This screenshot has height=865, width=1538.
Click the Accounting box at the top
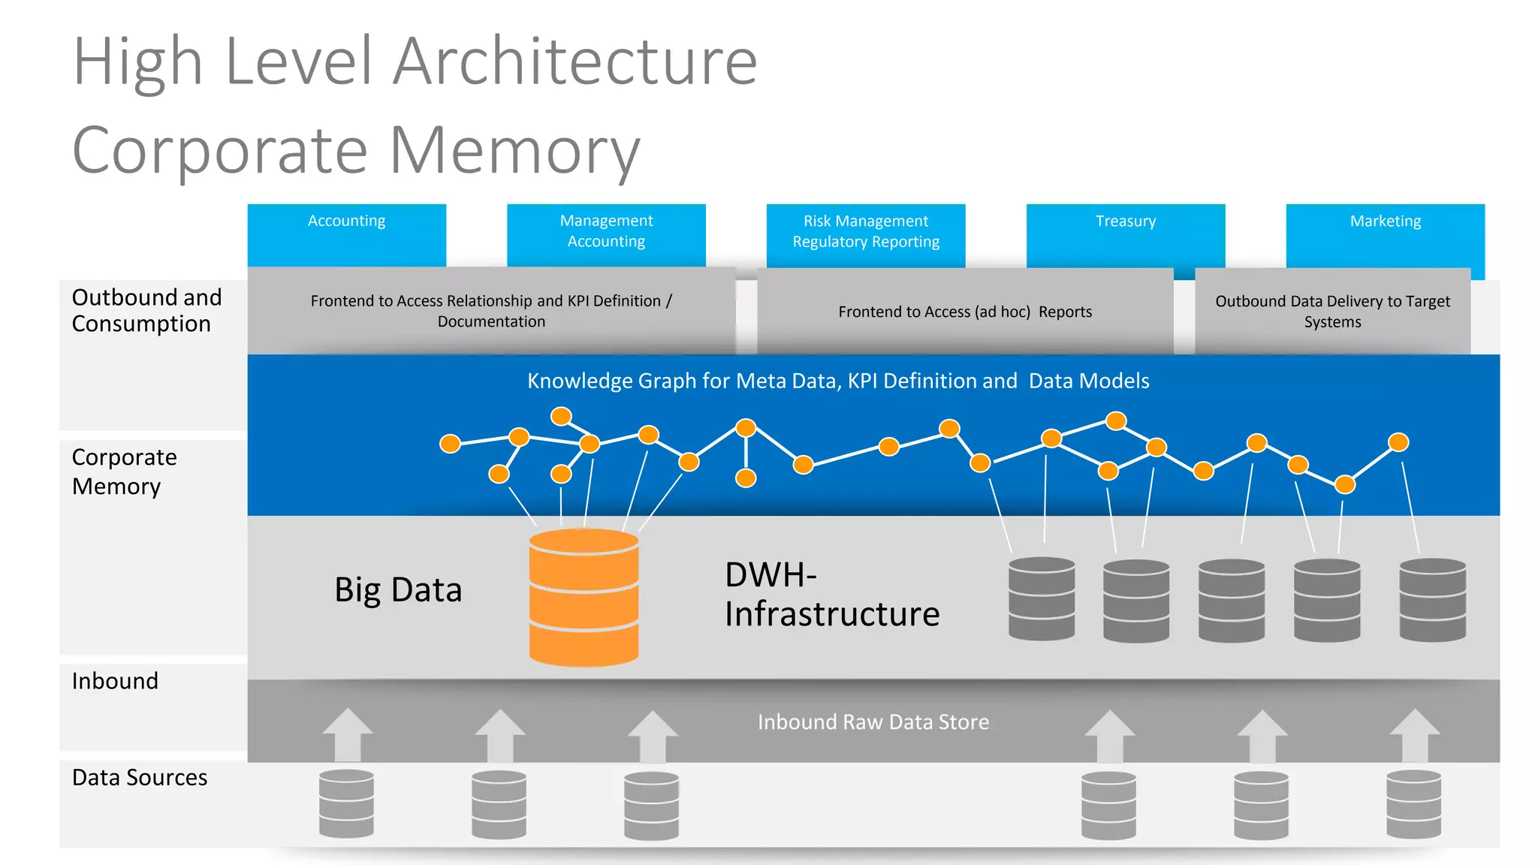(346, 234)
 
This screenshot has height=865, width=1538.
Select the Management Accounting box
(606, 234)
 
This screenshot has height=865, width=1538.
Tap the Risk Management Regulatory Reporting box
(865, 234)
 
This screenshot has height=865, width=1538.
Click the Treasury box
(1125, 234)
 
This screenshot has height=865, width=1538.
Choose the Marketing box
(1385, 234)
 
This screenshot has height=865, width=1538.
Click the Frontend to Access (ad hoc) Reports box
(965, 312)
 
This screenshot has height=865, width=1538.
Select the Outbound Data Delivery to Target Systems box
(1332, 312)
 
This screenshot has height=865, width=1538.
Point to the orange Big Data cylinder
(584, 598)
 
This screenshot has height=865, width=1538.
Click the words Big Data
(398, 590)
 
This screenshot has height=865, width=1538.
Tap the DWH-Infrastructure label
(831, 595)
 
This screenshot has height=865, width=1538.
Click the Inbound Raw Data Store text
(873, 722)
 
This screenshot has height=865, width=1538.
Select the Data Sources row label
(140, 778)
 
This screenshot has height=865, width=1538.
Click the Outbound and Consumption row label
(146, 311)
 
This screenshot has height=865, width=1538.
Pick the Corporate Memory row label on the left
(125, 472)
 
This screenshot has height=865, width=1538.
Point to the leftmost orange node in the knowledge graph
(450, 444)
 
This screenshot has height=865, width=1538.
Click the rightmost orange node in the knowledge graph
(1398, 442)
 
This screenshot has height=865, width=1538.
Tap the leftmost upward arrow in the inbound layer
(347, 734)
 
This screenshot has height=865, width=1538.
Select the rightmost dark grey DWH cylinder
(1432, 599)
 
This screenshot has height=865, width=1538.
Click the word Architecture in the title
(575, 62)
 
